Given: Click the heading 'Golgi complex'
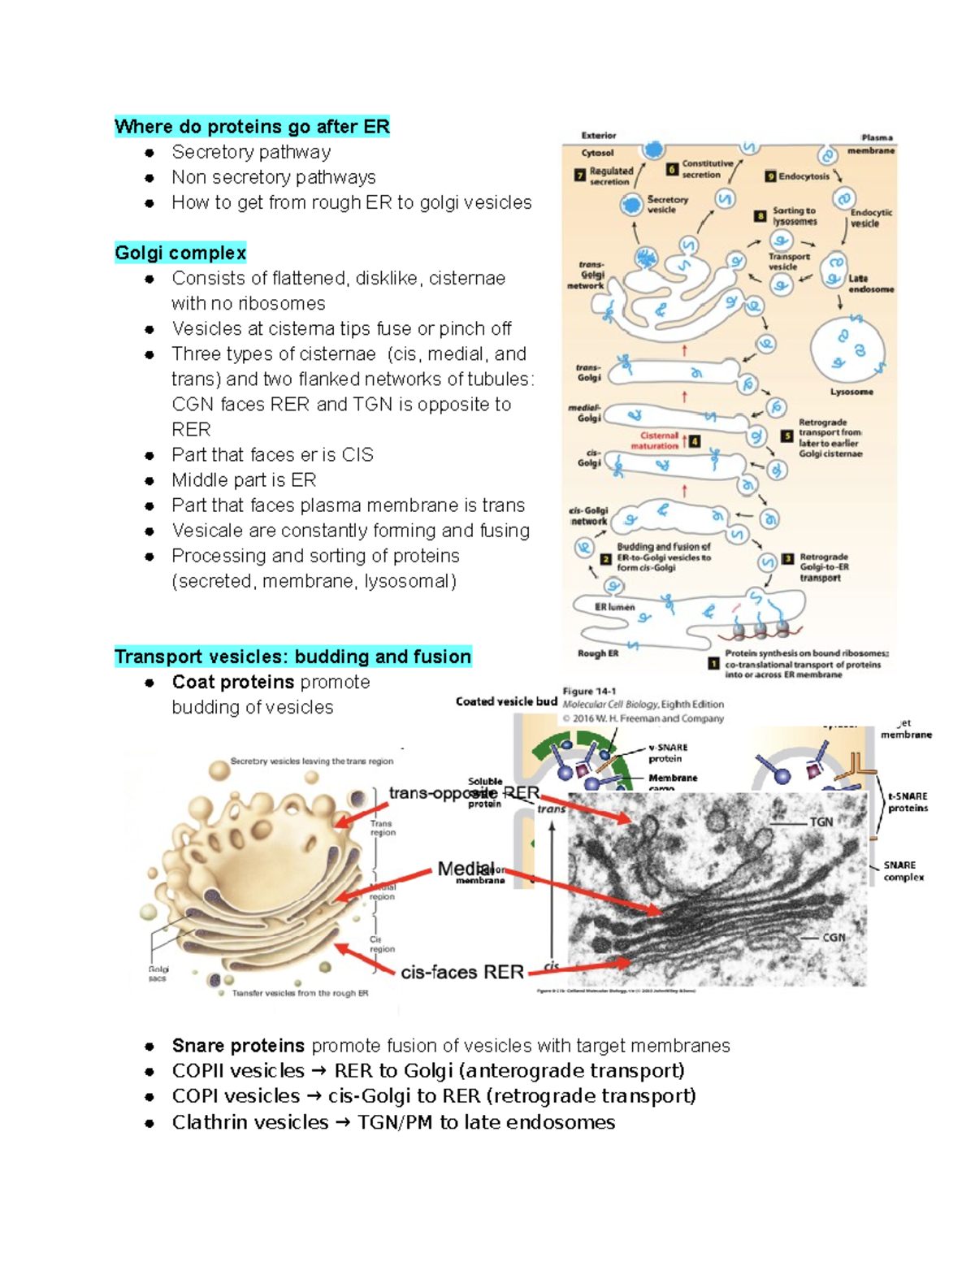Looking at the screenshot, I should tap(180, 253).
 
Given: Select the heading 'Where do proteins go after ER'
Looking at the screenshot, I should tap(252, 127).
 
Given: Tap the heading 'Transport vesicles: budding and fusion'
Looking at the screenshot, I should tap(292, 657).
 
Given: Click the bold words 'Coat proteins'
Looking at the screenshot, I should tap(232, 682).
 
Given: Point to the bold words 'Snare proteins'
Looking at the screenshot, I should tap(238, 1045).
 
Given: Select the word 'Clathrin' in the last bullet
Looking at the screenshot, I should tap(209, 1122).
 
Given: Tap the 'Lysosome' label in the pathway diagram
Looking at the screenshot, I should tap(851, 392).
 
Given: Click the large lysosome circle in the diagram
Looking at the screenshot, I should tap(847, 349).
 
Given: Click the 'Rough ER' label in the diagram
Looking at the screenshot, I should tap(597, 653).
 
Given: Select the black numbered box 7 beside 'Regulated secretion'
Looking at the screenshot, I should tap(579, 175).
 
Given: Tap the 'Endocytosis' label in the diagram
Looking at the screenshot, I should tap(803, 176).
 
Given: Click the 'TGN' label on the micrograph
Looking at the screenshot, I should tap(821, 822).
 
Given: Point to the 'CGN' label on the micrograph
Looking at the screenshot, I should tap(834, 937).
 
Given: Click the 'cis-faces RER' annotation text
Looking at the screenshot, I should tap(461, 972).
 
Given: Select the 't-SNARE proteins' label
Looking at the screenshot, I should tap(907, 802).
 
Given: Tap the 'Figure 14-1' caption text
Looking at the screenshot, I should tap(589, 692).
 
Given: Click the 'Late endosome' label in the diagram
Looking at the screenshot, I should tap(870, 284).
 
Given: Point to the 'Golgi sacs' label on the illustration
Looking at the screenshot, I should tap(158, 974).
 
